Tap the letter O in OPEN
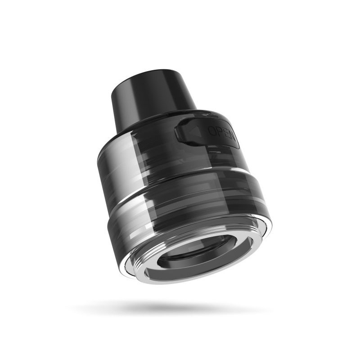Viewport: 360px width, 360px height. [211, 130]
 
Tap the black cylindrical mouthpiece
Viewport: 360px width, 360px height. [153, 94]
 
